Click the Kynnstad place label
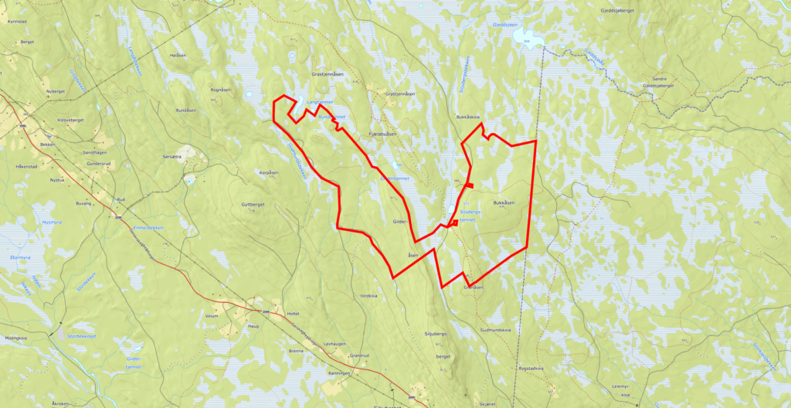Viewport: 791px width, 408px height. point(16,22)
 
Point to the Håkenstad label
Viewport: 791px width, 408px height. point(26,166)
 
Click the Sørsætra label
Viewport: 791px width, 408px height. point(171,156)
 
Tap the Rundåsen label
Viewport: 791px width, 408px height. point(187,110)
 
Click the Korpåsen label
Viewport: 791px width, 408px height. point(268,172)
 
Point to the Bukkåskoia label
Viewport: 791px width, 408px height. point(469,117)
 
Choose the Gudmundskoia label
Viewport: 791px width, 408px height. point(496,329)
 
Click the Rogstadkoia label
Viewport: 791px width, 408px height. point(531,369)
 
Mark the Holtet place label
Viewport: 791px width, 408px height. point(292,314)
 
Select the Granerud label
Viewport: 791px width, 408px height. point(360,355)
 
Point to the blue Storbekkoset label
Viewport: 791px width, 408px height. point(81,337)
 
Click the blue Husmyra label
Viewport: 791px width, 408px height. point(52,222)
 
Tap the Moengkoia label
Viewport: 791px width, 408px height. point(15,338)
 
